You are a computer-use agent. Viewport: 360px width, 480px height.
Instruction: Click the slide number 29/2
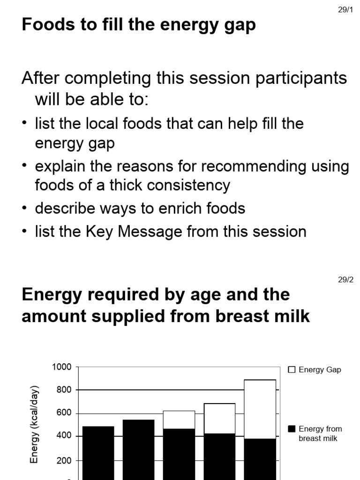pyautogui.click(x=345, y=280)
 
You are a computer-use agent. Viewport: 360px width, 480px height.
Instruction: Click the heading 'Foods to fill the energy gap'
pyautogui.click(x=139, y=24)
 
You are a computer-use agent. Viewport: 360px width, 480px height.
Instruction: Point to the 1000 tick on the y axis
pyautogui.click(x=62, y=367)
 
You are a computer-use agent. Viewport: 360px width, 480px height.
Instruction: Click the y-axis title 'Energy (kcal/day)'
pyautogui.click(x=34, y=425)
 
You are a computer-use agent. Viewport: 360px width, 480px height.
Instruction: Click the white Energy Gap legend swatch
pyautogui.click(x=292, y=370)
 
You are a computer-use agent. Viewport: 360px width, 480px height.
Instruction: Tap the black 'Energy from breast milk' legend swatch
pyautogui.click(x=292, y=429)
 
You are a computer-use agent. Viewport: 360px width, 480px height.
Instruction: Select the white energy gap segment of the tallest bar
pyautogui.click(x=260, y=409)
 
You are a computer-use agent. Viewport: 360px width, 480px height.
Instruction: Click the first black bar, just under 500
pyautogui.click(x=98, y=452)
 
